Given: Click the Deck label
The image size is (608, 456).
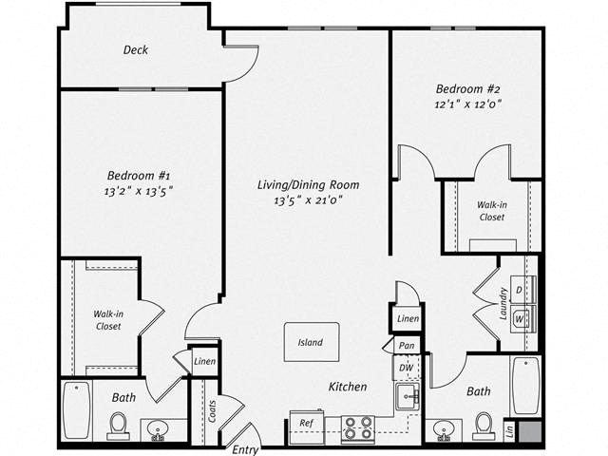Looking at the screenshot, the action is click(136, 49).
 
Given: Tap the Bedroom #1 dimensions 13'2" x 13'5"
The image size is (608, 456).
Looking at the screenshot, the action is click(139, 191).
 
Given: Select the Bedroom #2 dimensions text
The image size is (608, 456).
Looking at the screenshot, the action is click(468, 104).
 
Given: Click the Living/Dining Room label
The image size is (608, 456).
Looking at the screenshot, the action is click(308, 185).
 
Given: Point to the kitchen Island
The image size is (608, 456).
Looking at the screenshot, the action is click(312, 342).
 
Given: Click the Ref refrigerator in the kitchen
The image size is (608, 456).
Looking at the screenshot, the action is click(307, 427).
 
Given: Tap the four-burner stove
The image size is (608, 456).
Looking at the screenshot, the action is click(357, 428).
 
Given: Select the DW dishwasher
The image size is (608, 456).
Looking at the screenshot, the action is click(407, 368).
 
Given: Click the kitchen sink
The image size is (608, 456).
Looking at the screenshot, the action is click(408, 396).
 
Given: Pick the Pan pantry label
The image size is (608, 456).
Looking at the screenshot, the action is click(407, 345).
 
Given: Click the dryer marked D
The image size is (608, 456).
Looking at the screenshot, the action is click(523, 289).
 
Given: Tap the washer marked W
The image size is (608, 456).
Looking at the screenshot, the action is click(523, 319).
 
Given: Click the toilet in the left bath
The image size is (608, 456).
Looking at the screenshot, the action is click(118, 424).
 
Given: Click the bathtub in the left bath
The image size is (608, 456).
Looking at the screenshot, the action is click(77, 410).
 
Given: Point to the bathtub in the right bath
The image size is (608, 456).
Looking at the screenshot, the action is click(526, 386).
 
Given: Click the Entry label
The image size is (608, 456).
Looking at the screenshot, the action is click(245, 449).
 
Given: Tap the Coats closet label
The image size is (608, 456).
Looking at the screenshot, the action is click(212, 411).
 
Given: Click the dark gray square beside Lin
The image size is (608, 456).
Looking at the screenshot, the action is click(530, 430).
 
